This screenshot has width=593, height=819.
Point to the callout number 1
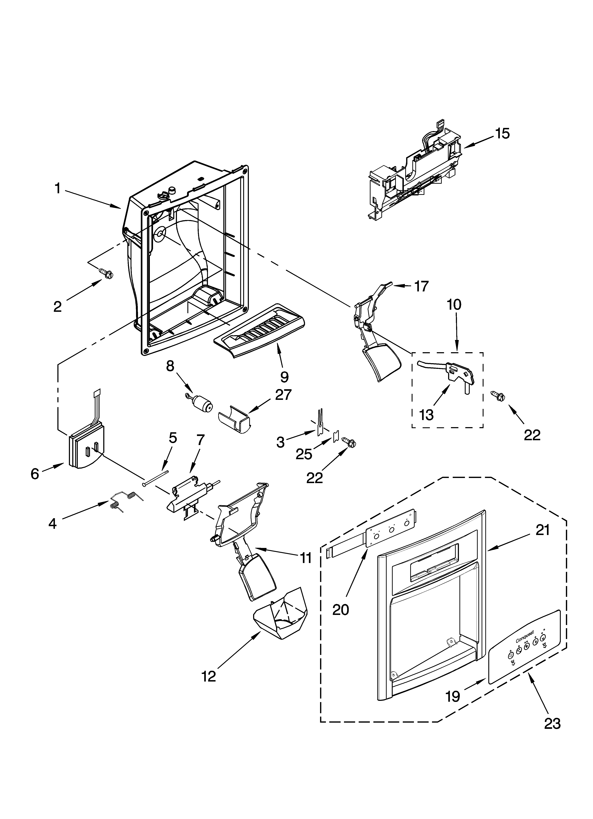57,188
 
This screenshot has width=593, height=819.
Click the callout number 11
306,558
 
